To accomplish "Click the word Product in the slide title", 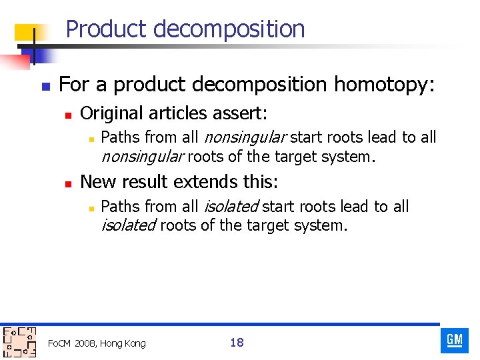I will [x=107, y=29].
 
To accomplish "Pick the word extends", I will [x=214, y=182].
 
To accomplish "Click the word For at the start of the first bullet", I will [x=73, y=85].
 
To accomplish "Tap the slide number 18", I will [x=237, y=343].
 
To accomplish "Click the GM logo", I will [x=455, y=340].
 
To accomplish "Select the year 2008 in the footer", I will [x=85, y=343].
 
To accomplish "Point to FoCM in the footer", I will [x=60, y=343].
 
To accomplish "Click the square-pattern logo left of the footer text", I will [x=19, y=342].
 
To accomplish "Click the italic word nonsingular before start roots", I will [x=244, y=138].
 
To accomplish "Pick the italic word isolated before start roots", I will [x=230, y=207].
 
